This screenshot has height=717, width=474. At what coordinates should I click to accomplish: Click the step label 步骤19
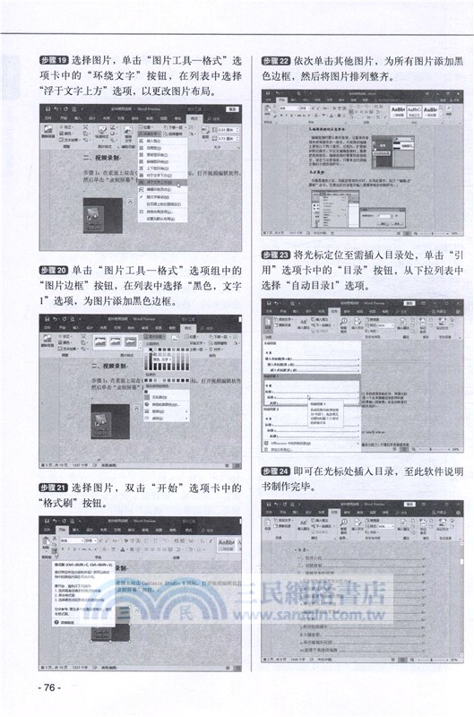[55, 60]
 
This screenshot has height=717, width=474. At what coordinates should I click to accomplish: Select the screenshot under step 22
[361, 171]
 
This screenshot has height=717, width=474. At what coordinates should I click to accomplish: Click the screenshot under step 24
[361, 586]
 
